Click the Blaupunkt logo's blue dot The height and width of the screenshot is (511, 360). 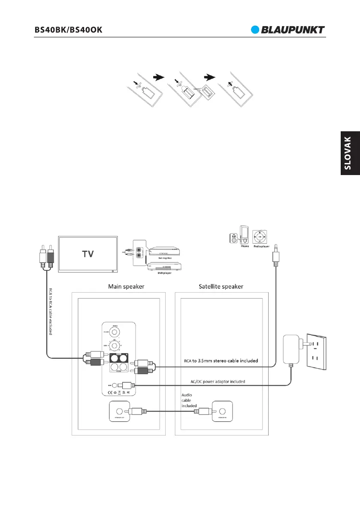(256, 30)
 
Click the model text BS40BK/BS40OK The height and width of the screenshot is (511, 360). (69, 30)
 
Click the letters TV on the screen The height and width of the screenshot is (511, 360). (88, 254)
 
